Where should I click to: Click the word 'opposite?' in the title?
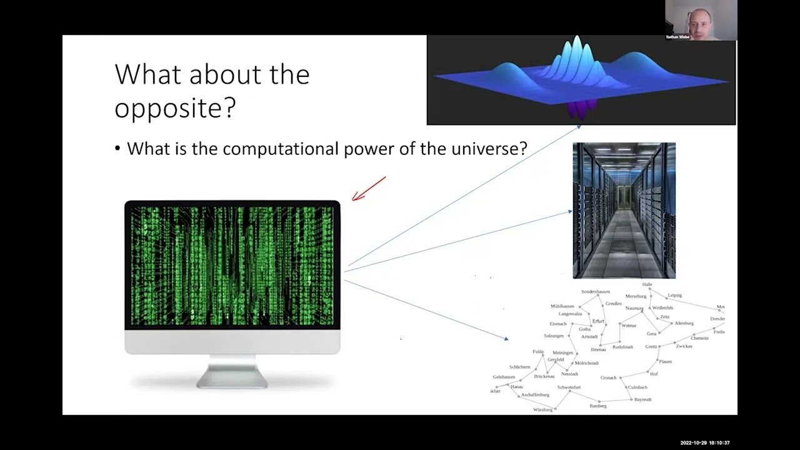point(175,108)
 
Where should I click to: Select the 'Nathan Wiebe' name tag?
point(677,37)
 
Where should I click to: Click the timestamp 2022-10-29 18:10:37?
point(704,442)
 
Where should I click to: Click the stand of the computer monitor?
point(232,371)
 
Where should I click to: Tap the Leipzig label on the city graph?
point(674,295)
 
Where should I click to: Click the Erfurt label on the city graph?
point(598,321)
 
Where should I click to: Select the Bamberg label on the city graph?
point(597,406)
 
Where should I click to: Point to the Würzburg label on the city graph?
point(542,410)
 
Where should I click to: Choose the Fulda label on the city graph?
point(537,352)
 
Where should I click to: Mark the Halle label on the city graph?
point(647,284)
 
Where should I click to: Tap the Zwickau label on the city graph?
point(684,346)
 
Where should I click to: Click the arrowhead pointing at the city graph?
point(506,339)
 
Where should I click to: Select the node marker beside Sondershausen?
point(598,296)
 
